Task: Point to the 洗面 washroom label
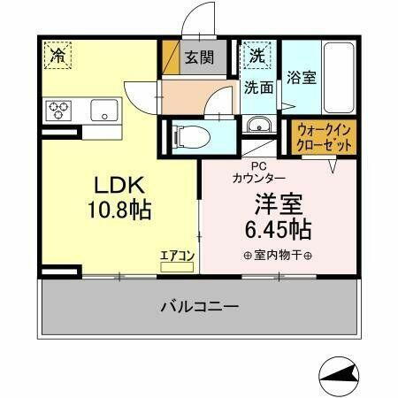click(x=258, y=88)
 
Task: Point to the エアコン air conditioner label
click(x=177, y=256)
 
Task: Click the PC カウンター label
click(x=258, y=171)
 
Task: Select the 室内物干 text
click(x=273, y=257)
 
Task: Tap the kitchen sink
click(x=104, y=111)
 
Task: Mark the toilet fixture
click(x=188, y=136)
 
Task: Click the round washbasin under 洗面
click(x=258, y=123)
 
